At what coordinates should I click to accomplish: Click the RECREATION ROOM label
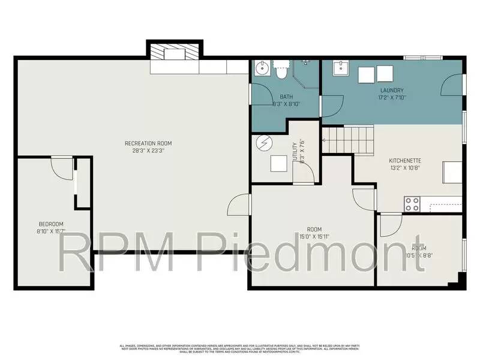pos(148,143)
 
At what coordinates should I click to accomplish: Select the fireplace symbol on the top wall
pos(175,54)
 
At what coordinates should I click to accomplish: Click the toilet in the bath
pos(281,71)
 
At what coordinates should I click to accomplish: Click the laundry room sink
pos(341,69)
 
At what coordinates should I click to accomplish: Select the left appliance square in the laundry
pos(367,74)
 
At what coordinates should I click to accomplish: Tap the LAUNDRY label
pos(392,90)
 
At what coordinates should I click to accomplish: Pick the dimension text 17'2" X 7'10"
pos(392,97)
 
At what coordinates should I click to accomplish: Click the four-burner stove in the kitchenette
pos(412,204)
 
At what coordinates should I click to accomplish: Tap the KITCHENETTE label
pos(404,161)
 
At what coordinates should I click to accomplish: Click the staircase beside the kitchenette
pos(348,139)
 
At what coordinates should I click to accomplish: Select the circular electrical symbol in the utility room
pos(264,143)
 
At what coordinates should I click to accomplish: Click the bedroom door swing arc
pos(61,168)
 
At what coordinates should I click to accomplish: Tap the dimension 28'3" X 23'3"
pos(148,151)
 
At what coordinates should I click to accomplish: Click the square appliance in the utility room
pos(279,164)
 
